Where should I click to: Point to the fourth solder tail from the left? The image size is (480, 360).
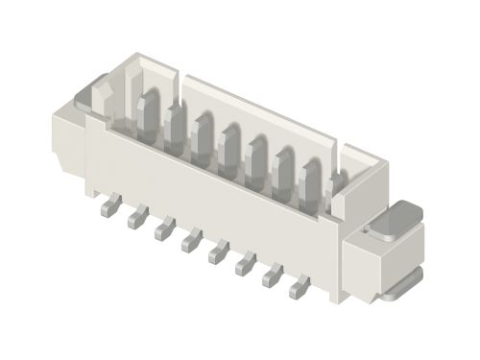click(191, 238)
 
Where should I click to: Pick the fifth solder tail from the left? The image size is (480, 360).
click(218, 250)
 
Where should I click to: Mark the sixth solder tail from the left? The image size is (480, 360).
click(246, 260)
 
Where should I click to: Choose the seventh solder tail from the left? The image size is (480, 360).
click(273, 272)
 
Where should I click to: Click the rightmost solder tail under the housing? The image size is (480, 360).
click(300, 283)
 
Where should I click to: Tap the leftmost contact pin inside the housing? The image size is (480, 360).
click(148, 108)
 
